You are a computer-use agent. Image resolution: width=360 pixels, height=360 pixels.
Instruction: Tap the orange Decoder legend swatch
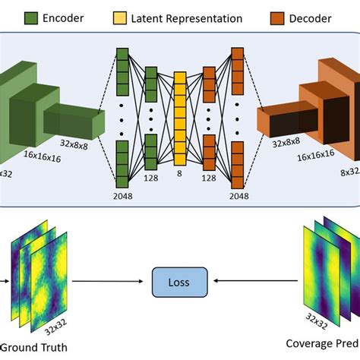[276, 17]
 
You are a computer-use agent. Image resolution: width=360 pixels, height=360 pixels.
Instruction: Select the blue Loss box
[179, 281]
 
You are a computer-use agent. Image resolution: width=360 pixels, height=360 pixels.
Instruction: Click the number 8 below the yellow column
[180, 173]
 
